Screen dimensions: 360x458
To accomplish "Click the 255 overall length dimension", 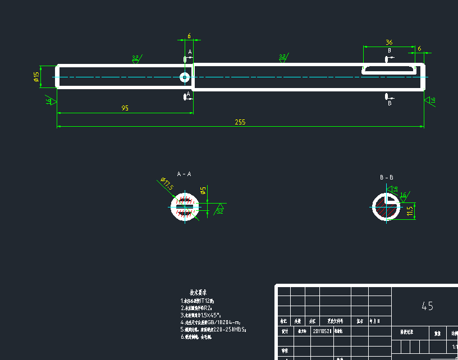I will click(240, 122).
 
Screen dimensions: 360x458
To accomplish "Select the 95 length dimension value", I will click(125, 108).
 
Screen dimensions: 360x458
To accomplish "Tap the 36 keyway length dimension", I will click(389, 43).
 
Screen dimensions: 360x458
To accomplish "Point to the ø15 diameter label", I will click(36, 76).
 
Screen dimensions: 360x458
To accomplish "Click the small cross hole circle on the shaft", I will click(184, 77).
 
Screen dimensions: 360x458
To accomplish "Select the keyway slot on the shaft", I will click(390, 69).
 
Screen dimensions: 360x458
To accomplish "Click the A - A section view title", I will click(184, 174).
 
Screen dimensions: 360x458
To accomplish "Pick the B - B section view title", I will click(387, 177).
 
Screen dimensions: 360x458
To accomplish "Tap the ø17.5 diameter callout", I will click(167, 183).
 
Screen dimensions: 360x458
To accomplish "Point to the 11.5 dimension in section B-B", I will click(410, 210).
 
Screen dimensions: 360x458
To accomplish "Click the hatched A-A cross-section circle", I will click(185, 206).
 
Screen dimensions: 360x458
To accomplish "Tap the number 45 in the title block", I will click(427, 306).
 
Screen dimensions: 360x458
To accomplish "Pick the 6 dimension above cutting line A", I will click(189, 36).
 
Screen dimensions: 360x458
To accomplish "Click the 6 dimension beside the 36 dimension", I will click(419, 49).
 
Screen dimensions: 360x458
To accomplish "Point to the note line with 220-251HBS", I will click(213, 330).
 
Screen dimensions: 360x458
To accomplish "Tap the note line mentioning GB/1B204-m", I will click(210, 322).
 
